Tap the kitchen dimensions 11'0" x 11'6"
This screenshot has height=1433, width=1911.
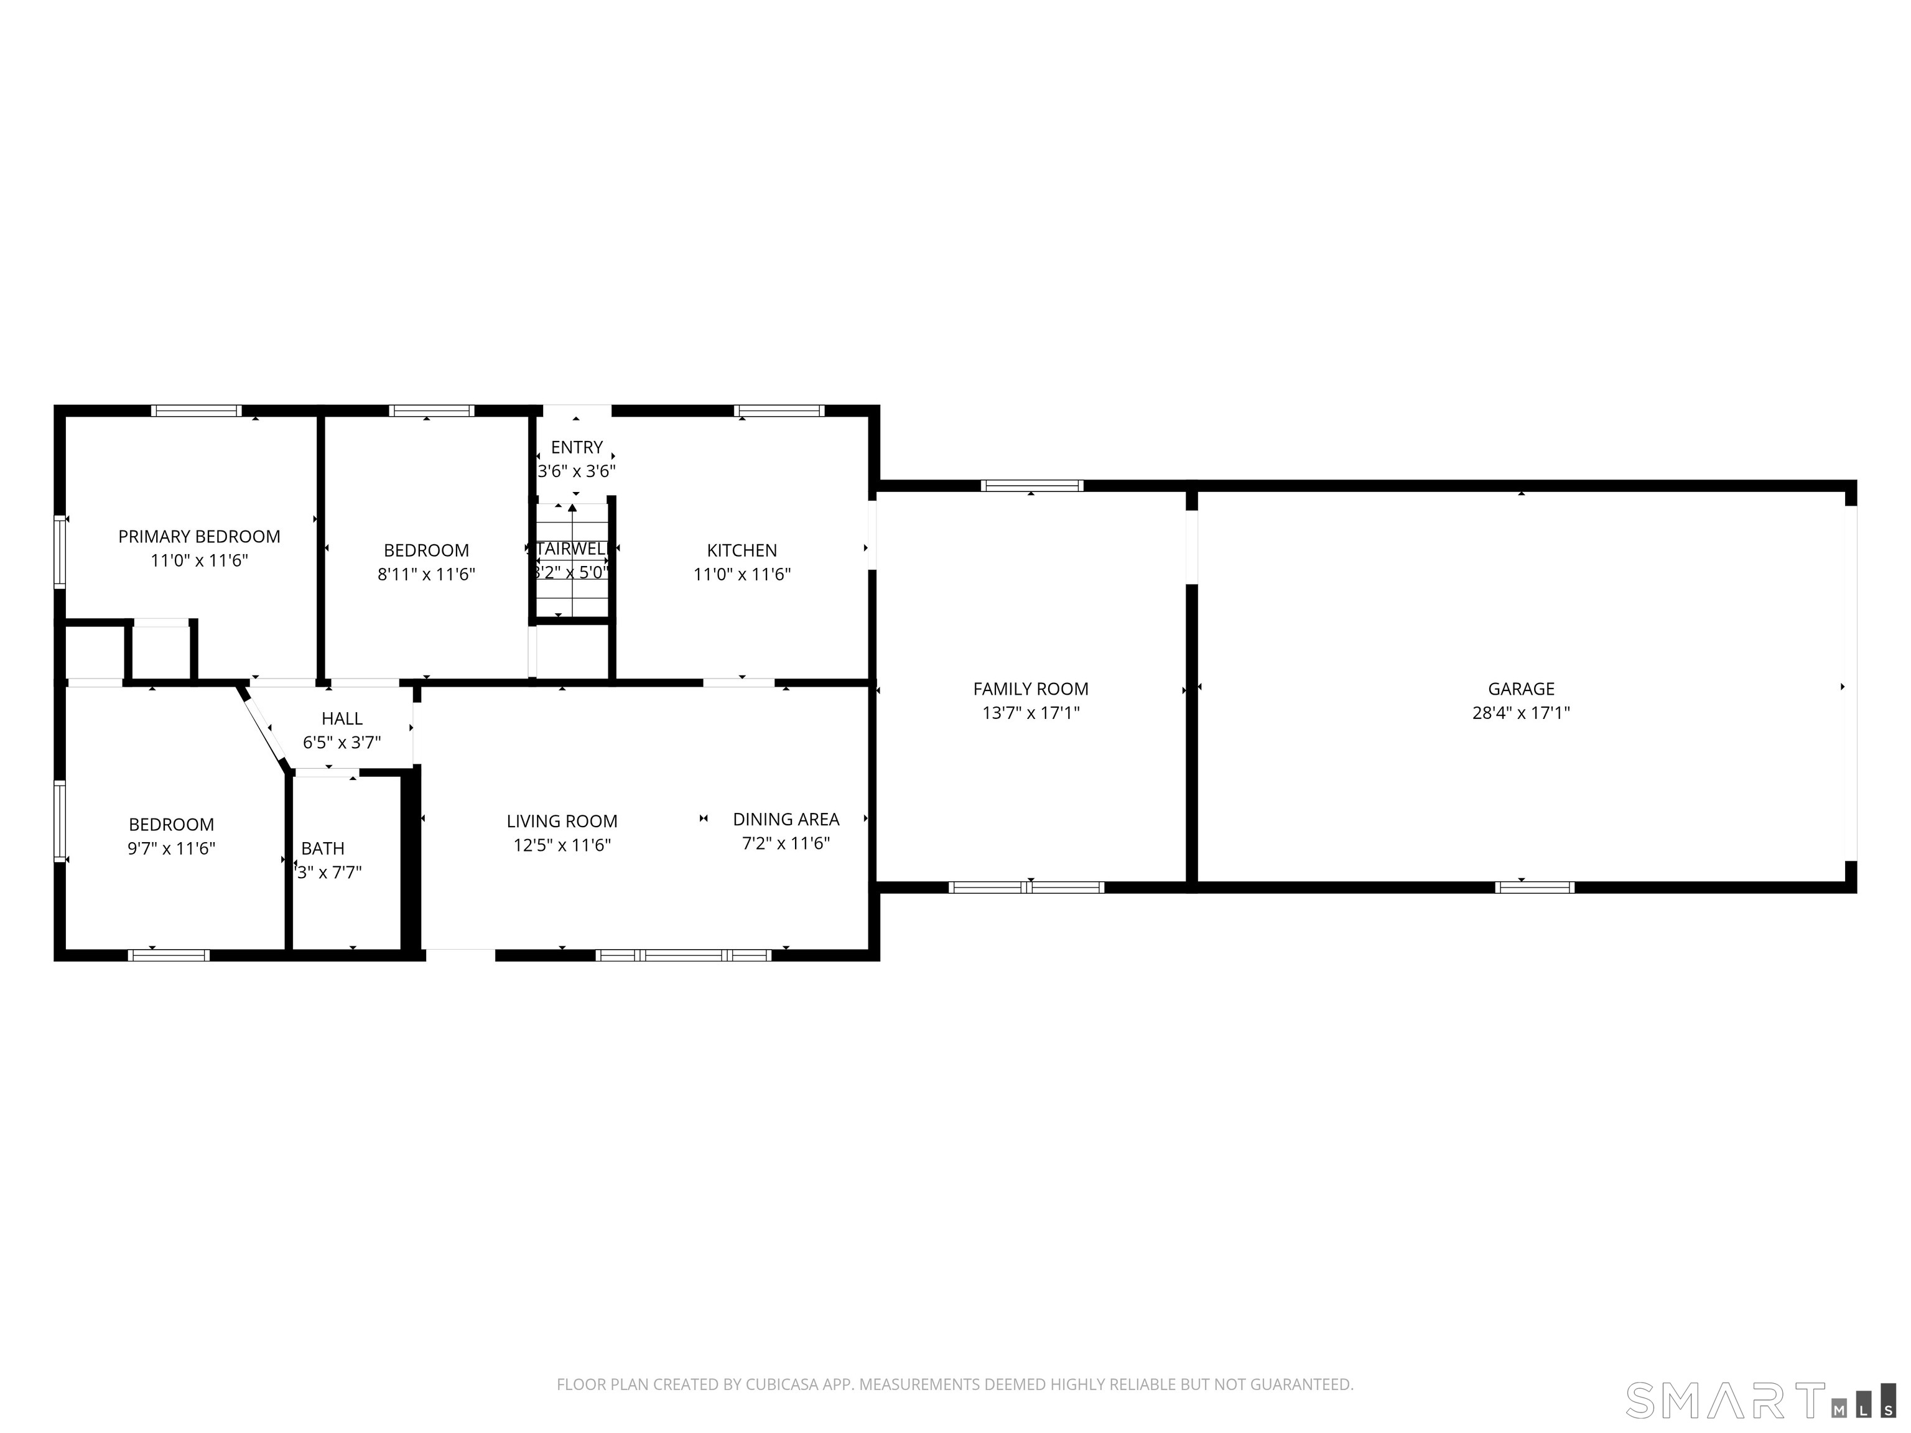pyautogui.click(x=742, y=575)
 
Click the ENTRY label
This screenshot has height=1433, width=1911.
pyautogui.click(x=576, y=447)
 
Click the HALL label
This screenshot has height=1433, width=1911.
pyautogui.click(x=342, y=718)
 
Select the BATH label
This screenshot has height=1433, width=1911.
pyautogui.click(x=322, y=848)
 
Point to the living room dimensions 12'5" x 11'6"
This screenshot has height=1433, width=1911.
pyautogui.click(x=562, y=845)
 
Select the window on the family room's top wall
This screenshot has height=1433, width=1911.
pyautogui.click(x=1031, y=485)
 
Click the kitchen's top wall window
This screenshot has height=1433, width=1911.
pyautogui.click(x=779, y=411)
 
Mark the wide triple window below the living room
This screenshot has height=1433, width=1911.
pyautogui.click(x=684, y=955)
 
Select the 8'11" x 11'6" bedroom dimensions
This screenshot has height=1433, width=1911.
pyautogui.click(x=426, y=575)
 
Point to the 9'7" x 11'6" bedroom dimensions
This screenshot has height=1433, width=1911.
pyautogui.click(x=171, y=848)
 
